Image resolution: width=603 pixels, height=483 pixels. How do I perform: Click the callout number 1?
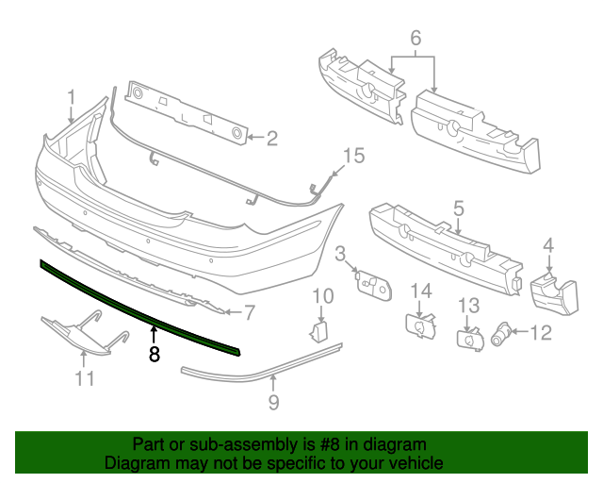coord(72,97)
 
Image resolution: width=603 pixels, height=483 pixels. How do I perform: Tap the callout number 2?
coord(272,139)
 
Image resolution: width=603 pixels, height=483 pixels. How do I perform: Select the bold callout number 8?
coord(154,354)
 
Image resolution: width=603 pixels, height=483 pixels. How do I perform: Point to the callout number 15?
coord(353,156)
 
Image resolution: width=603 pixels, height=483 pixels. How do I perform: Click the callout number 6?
coord(416,38)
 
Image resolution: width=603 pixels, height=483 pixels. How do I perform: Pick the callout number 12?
coord(541,332)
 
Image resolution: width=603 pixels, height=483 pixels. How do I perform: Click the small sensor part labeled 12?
coord(501,334)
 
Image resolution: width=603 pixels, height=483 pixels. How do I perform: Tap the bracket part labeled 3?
coord(373,284)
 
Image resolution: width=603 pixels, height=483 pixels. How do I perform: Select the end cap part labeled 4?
coord(554,293)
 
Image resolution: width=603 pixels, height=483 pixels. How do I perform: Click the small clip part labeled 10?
coord(318,331)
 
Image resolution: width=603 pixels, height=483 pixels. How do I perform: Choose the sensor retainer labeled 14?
coord(421,326)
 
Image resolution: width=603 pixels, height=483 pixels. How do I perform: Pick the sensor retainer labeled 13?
coord(470,339)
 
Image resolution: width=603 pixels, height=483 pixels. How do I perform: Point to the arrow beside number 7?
coord(234,311)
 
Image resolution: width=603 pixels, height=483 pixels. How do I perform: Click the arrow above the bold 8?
coord(154,334)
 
